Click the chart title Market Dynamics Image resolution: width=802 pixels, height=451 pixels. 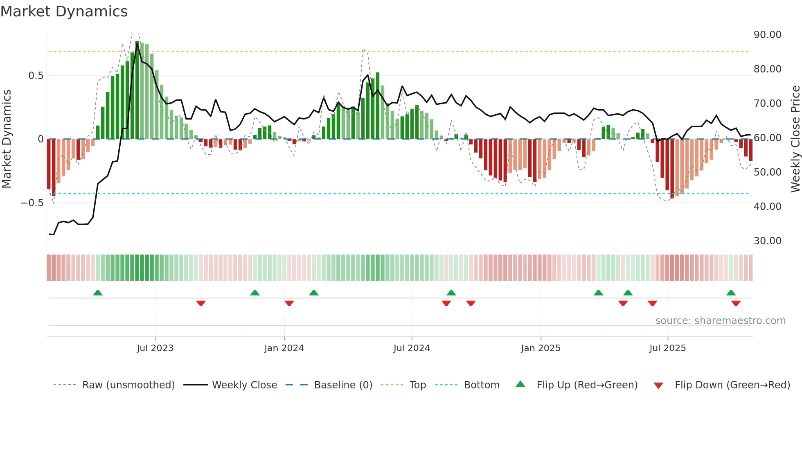[x=64, y=11]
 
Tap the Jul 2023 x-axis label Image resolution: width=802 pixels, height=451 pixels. [x=155, y=348]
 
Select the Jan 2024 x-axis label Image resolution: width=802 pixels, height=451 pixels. [x=284, y=348]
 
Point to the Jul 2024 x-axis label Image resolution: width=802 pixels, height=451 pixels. [x=412, y=348]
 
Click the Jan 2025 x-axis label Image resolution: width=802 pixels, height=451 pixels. [x=541, y=348]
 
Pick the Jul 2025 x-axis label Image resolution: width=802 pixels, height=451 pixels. [x=667, y=348]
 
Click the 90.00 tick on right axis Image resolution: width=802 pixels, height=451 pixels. [x=768, y=35]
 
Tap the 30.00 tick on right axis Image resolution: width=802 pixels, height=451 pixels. [x=768, y=241]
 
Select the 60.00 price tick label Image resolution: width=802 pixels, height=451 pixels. [x=768, y=138]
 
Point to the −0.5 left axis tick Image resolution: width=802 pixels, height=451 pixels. [x=32, y=203]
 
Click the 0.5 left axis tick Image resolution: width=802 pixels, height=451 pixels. [x=36, y=76]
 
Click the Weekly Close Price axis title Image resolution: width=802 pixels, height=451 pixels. [x=795, y=139]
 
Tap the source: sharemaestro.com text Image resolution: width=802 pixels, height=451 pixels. [x=720, y=321]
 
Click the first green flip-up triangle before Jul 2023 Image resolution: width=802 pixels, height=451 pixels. [x=98, y=293]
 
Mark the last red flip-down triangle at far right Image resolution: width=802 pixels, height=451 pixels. [x=736, y=303]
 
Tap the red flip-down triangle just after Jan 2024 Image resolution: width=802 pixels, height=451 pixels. [x=289, y=303]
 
